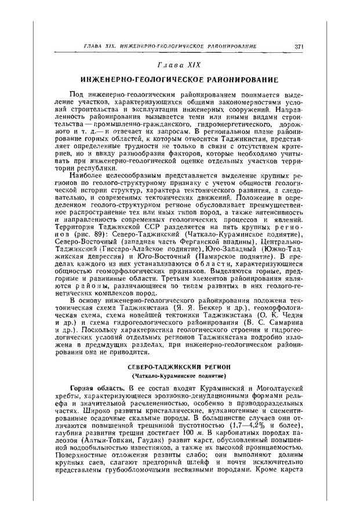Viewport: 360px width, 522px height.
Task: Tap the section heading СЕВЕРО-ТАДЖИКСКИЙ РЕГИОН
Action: tap(179, 368)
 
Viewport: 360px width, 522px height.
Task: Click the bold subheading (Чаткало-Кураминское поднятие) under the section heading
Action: tap(179, 376)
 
